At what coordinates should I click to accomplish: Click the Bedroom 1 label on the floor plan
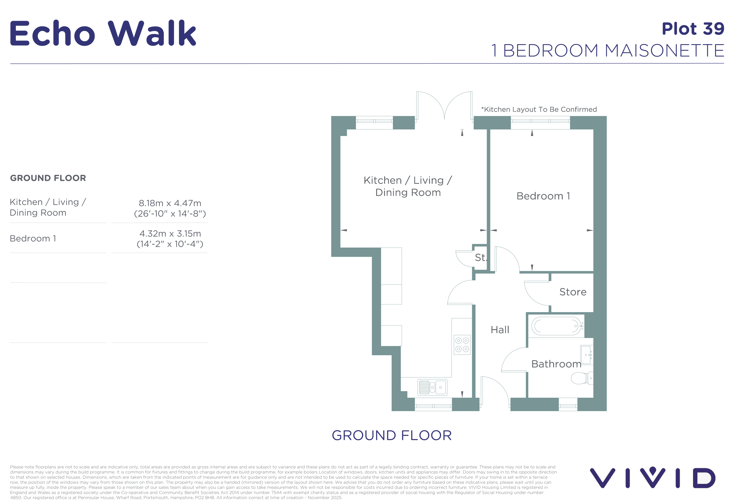tap(543, 196)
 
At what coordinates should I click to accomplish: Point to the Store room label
tap(573, 292)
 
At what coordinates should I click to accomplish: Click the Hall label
tap(500, 330)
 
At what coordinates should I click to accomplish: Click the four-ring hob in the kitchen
tap(462, 345)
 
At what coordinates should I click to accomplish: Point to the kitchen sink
tap(432, 387)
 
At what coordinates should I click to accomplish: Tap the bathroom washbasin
tap(587, 355)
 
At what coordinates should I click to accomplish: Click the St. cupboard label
tap(480, 258)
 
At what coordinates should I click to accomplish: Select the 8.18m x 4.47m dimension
tap(170, 203)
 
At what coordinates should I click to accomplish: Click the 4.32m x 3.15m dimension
tap(170, 234)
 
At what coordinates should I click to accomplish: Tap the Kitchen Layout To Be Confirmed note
tap(539, 109)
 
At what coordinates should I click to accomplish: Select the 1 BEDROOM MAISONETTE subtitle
tap(608, 51)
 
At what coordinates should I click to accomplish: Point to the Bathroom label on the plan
tap(556, 364)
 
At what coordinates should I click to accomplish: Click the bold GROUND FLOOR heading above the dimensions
tap(48, 178)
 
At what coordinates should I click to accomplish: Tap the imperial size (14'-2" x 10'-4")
tap(170, 244)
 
